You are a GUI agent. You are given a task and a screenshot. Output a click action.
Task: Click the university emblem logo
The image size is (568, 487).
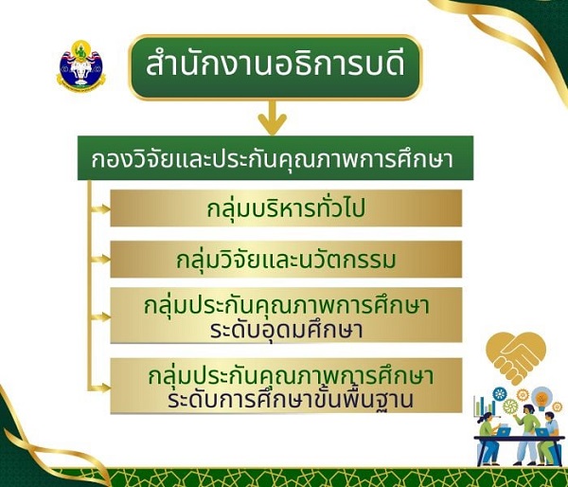[80, 64]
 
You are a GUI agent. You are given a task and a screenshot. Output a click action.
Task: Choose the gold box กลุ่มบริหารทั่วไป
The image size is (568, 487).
[286, 208]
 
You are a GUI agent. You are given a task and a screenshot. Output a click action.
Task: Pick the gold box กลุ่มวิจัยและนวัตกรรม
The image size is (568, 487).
[286, 259]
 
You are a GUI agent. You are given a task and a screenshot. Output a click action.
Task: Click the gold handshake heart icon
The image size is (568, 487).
[517, 356]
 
